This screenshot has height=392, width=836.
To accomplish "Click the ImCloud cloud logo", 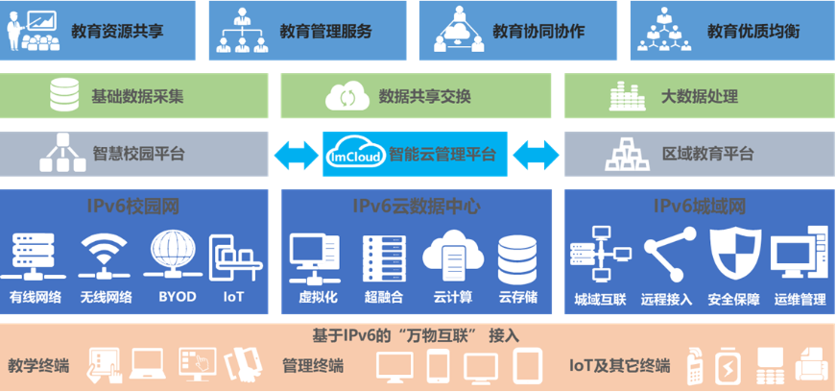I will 355,153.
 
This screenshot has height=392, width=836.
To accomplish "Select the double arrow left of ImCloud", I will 295,154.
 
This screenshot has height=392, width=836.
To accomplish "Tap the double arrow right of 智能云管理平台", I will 535,154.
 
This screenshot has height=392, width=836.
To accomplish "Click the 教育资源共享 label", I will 117,31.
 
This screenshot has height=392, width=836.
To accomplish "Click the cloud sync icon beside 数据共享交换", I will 343,97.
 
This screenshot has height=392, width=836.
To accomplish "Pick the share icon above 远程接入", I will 667,255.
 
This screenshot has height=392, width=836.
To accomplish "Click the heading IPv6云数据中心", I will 416,206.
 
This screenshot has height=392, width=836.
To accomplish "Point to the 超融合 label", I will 383,298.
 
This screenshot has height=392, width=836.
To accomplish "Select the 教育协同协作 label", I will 537,31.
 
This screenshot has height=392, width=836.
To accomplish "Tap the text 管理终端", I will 312,365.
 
